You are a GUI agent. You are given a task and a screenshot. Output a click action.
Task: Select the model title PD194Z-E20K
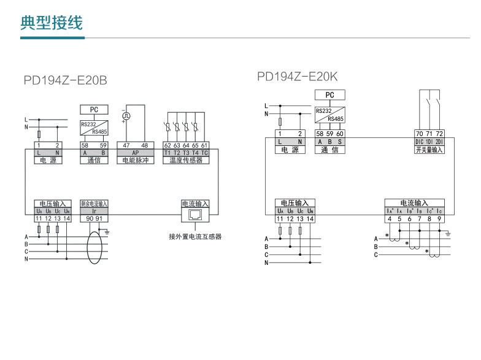pyautogui.click(x=298, y=77)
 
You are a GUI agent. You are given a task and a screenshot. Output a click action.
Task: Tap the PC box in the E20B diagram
pyautogui.click(x=94, y=109)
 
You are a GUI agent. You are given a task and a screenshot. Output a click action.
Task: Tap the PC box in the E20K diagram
pyautogui.click(x=330, y=94)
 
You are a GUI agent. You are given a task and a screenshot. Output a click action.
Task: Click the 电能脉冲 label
pyautogui.click(x=136, y=160)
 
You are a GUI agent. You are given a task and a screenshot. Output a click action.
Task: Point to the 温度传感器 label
pyautogui.click(x=186, y=160)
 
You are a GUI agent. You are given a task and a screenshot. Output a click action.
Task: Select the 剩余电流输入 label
pyautogui.click(x=94, y=204)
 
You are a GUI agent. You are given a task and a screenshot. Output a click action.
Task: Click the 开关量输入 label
pyautogui.click(x=429, y=150)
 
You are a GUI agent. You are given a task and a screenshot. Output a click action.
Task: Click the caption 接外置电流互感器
pyautogui.click(x=195, y=237)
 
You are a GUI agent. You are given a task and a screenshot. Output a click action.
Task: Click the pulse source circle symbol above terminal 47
pyautogui.click(x=126, y=115)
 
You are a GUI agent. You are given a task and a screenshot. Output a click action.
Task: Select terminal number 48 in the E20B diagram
pyautogui.click(x=145, y=145)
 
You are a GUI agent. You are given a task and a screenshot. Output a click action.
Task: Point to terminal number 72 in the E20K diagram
pyautogui.click(x=439, y=134)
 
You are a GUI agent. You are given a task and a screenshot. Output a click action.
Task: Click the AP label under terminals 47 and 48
pyautogui.click(x=136, y=152)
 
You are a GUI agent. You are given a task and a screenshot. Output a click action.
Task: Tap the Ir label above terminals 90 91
pyautogui.click(x=94, y=210)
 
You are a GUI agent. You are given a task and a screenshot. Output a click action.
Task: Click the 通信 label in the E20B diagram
pyautogui.click(x=94, y=160)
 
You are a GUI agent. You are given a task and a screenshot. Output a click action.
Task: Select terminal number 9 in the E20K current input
pyautogui.click(x=439, y=218)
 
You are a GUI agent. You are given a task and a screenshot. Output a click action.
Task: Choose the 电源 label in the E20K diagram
pyautogui.click(x=289, y=150)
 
